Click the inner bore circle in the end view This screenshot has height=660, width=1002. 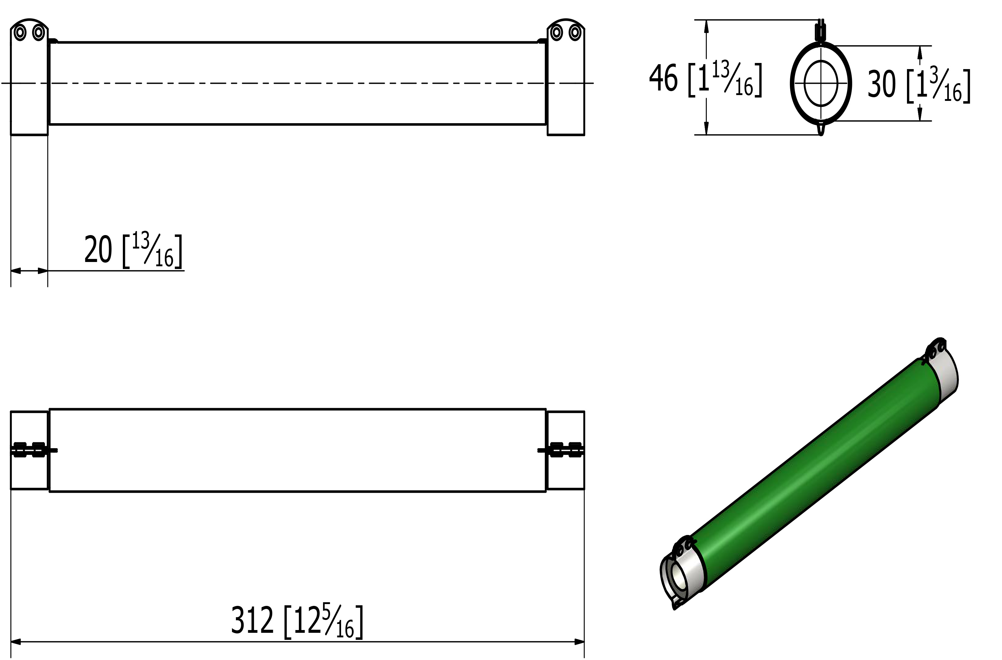(x=821, y=83)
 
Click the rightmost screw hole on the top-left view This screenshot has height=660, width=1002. (x=575, y=32)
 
